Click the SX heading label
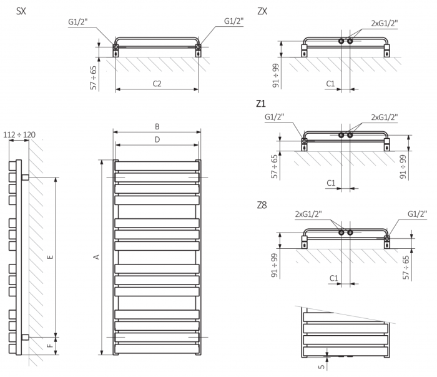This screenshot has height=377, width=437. pos(21,11)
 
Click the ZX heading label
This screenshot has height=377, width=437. pos(262,11)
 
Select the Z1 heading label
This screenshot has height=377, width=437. pos(261,103)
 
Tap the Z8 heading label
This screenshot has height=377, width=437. pos(262,204)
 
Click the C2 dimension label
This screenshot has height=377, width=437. pos(157,83)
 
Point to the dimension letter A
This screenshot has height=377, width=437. pos(96,256)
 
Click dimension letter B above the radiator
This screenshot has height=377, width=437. pos(157,126)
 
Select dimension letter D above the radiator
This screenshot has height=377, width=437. pos(157,139)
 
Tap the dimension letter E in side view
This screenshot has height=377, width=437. pos(51,256)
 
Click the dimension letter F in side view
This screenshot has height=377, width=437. pos(51,344)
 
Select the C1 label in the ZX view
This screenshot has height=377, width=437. pos(331,83)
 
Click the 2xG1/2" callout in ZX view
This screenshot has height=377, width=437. pos(384,23)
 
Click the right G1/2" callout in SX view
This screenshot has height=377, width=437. pos(234,21)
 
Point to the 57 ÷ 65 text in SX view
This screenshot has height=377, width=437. pos(94,78)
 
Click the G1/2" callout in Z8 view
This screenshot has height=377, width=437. pos(416,214)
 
